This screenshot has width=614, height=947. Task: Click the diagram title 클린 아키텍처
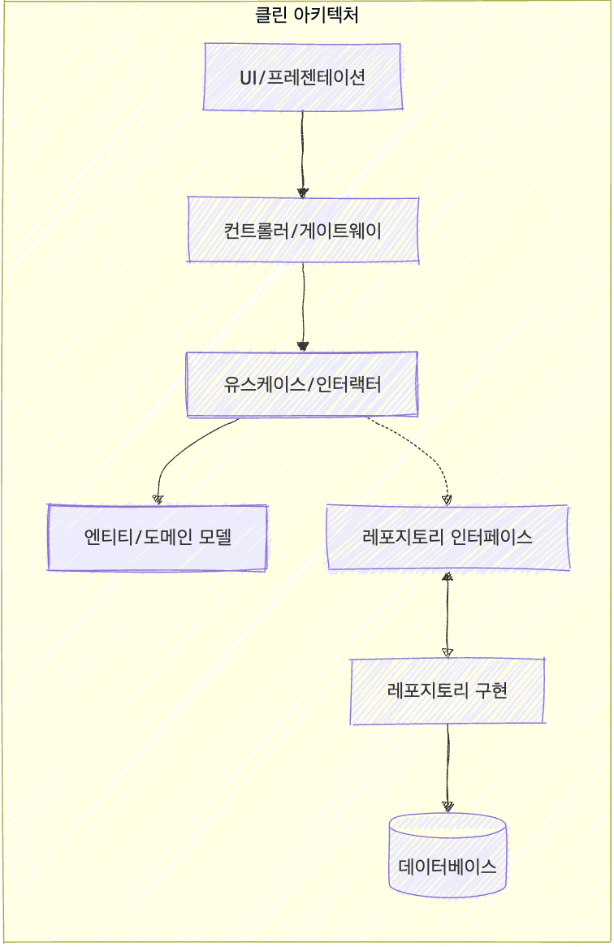(x=306, y=15)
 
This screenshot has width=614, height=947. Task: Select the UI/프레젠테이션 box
(x=302, y=77)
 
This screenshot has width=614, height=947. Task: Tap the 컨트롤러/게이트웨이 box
(x=303, y=230)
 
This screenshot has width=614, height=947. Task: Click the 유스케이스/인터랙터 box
(x=302, y=384)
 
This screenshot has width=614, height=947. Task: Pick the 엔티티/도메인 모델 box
(x=158, y=538)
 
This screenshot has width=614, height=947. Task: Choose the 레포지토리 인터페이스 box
(x=448, y=538)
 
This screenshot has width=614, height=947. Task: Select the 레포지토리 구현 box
(x=448, y=691)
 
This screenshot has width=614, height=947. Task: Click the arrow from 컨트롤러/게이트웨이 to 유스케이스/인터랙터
(x=303, y=305)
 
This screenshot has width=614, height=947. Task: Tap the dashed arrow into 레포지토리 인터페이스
(x=422, y=451)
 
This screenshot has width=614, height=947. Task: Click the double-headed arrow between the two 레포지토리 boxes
(x=448, y=615)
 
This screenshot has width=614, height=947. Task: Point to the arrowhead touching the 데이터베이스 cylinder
(x=448, y=806)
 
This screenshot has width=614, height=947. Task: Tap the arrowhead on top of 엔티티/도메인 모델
(x=158, y=499)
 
